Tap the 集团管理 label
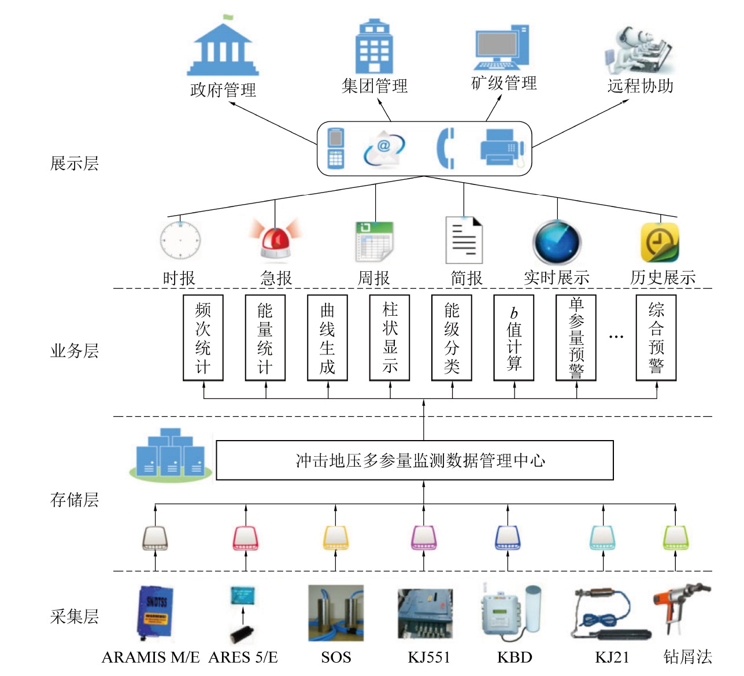pyautogui.click(x=375, y=86)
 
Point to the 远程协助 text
pyautogui.click(x=641, y=86)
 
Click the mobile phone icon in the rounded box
pyautogui.click(x=336, y=148)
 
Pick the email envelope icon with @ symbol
pyautogui.click(x=384, y=149)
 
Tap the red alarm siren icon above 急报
pyautogui.click(x=276, y=239)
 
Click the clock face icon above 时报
pyautogui.click(x=180, y=240)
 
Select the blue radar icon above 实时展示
pyautogui.click(x=557, y=242)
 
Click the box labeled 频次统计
pyautogui.click(x=203, y=338)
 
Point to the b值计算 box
pyautogui.click(x=514, y=338)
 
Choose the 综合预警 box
pyautogui.click(x=656, y=338)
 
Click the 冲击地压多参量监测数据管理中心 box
pyautogui.click(x=414, y=460)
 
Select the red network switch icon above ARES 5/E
pyautogui.click(x=246, y=538)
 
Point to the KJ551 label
pyautogui.click(x=428, y=657)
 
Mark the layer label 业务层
pyautogui.click(x=75, y=351)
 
